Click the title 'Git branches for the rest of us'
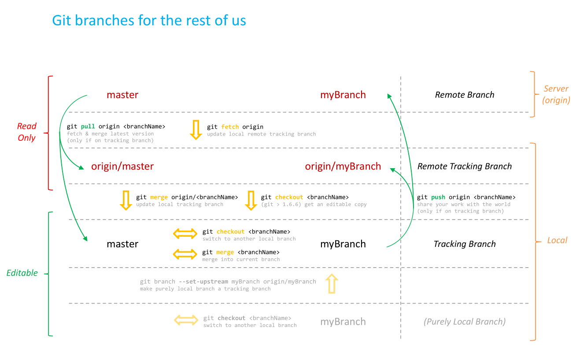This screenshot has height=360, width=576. (x=149, y=21)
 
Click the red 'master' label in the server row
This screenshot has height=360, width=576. (x=122, y=95)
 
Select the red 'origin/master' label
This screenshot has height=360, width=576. (x=122, y=166)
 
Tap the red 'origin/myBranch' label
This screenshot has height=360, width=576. (x=343, y=166)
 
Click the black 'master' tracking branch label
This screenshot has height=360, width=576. (x=122, y=244)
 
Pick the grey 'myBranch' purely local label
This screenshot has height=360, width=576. (x=343, y=322)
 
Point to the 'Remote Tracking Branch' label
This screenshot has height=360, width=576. (x=465, y=166)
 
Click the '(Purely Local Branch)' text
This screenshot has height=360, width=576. (x=465, y=322)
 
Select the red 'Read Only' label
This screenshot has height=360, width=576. (x=27, y=132)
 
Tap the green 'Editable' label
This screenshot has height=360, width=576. (x=22, y=273)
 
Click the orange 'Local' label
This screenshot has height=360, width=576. (x=557, y=240)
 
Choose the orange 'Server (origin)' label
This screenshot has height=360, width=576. (x=556, y=95)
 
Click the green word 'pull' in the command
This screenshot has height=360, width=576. (x=88, y=127)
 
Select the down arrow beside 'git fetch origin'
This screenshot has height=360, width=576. (x=196, y=130)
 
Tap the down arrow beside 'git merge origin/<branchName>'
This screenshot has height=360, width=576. (x=126, y=200)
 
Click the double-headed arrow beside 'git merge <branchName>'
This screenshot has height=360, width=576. (x=185, y=254)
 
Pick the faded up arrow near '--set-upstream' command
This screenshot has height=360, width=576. (x=331, y=284)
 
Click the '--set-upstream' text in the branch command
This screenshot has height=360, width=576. (x=204, y=282)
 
